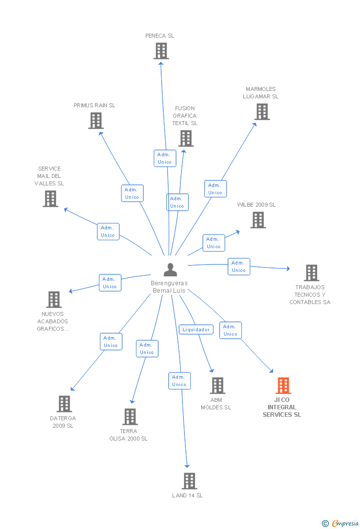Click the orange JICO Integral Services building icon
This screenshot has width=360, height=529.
[x=283, y=386]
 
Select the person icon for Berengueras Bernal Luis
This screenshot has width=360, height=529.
[x=170, y=270]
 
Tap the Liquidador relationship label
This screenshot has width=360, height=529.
[x=196, y=329]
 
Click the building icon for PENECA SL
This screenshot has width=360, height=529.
[x=161, y=51]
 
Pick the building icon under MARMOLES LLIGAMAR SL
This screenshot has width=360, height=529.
[x=262, y=112]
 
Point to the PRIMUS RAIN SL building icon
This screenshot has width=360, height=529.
[x=96, y=121]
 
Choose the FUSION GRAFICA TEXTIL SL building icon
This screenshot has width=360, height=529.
[x=186, y=138]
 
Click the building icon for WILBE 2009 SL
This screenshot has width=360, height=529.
[x=258, y=220]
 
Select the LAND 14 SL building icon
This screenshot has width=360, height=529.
[x=189, y=481]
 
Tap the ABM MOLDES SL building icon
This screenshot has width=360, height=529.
[x=218, y=386]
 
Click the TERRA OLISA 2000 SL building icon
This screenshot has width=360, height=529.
[x=130, y=417]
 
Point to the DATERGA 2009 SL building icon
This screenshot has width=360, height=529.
[x=64, y=404]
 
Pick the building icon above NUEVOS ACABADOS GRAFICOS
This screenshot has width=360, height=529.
[x=54, y=300]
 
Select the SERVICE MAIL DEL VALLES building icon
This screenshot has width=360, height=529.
[x=50, y=199]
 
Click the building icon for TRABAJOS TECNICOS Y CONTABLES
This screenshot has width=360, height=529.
[x=311, y=273]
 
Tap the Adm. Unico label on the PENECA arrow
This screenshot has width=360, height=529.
[x=165, y=158]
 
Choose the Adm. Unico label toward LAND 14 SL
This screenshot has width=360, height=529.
[x=180, y=381]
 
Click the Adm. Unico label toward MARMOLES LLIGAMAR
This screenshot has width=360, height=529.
[x=215, y=189]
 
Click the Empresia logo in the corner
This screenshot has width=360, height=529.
[x=341, y=523]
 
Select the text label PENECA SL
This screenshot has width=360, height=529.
[x=160, y=36]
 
